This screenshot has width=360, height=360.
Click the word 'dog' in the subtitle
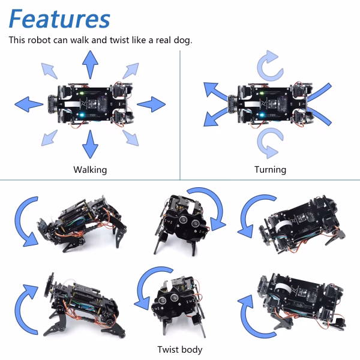coord(179,41)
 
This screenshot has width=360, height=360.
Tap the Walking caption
coord(90,170)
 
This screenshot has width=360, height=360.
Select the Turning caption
coord(270,170)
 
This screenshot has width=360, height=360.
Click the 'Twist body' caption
coord(180,349)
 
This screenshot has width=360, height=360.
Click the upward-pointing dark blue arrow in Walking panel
coord(90,63)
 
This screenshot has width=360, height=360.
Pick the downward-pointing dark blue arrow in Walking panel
coord(90,143)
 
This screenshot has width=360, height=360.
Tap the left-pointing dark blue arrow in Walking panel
coord(29,103)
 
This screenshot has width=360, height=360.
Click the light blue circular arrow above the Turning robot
coord(266,65)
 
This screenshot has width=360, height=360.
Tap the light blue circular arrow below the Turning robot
coord(266,142)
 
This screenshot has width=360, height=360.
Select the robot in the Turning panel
coord(269,102)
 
